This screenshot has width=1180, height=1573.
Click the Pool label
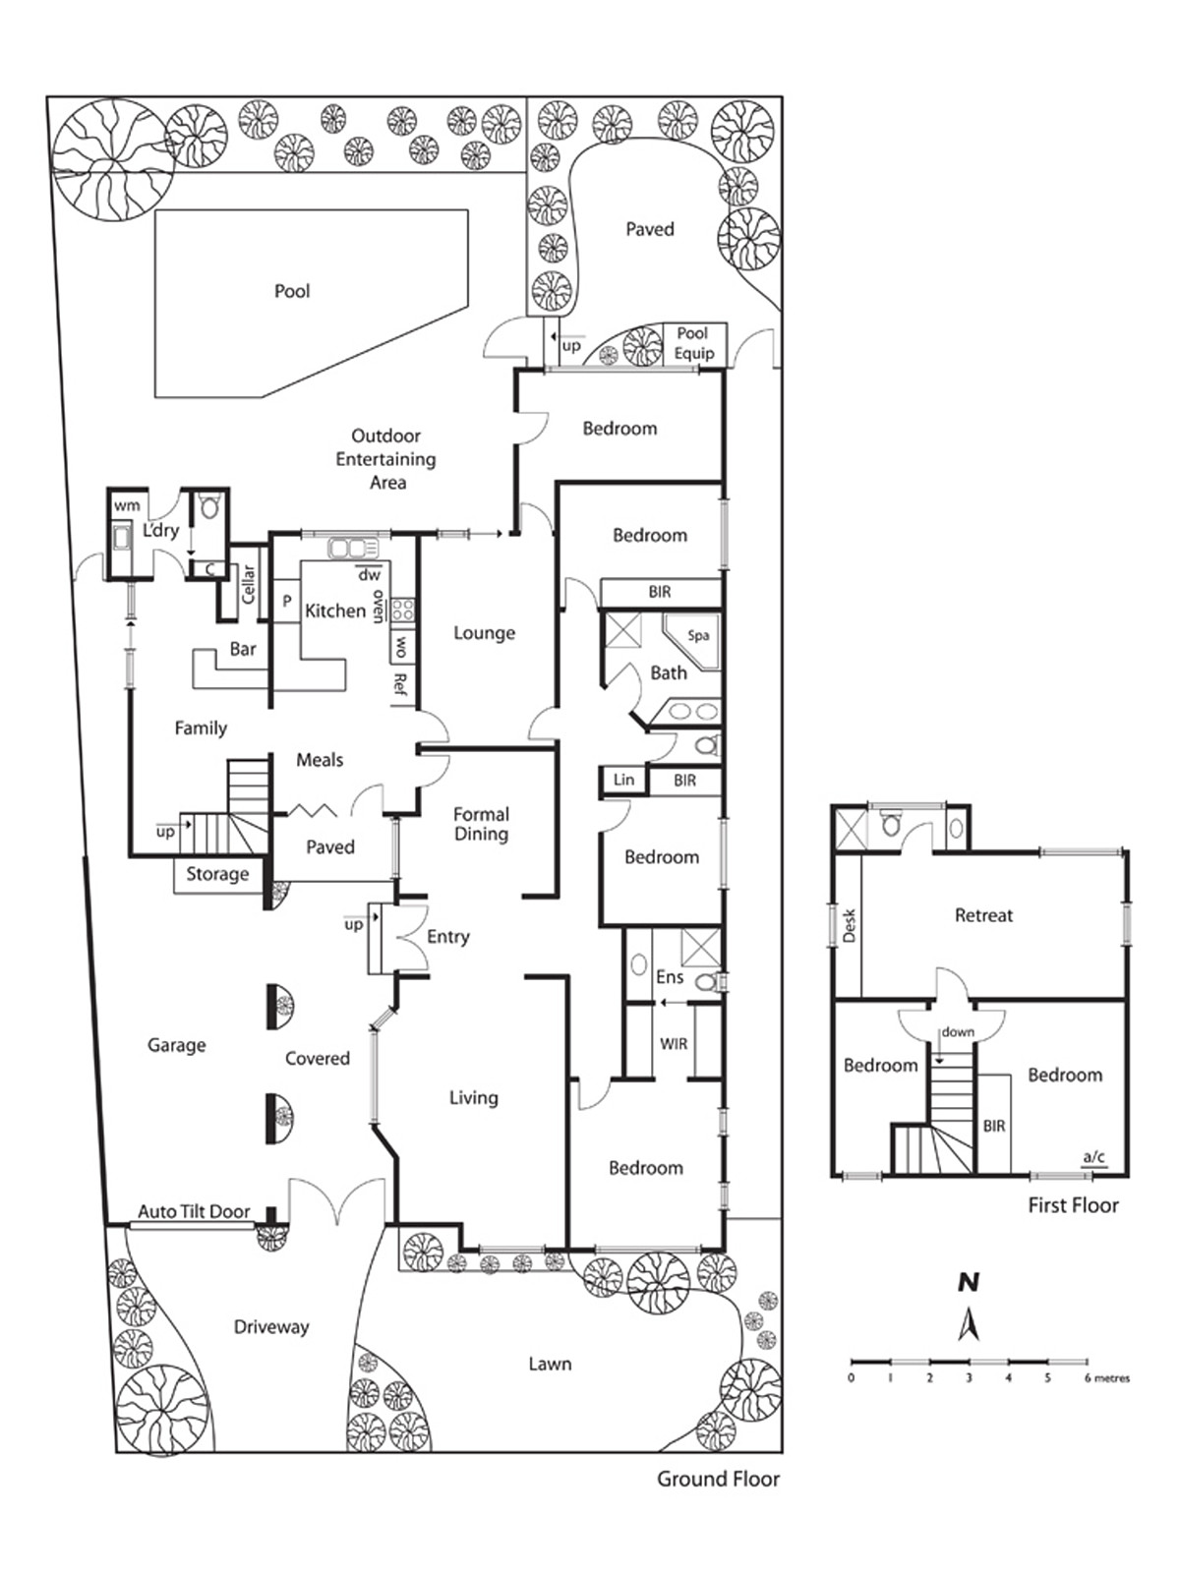(x=292, y=291)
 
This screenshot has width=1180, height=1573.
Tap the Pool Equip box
(x=694, y=344)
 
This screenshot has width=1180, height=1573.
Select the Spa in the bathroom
(x=697, y=636)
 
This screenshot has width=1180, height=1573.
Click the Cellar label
(x=249, y=585)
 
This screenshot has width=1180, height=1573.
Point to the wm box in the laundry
(x=127, y=505)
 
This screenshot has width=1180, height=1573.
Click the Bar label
(x=243, y=649)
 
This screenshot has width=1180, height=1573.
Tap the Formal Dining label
(x=481, y=824)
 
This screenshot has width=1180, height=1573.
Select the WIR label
(x=674, y=1044)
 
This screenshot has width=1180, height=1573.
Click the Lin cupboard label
(x=623, y=780)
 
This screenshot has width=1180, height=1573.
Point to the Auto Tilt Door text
(x=194, y=1211)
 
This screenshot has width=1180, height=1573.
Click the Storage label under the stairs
(x=217, y=874)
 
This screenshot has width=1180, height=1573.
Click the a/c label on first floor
(x=1093, y=1157)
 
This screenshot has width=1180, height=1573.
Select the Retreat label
(x=983, y=915)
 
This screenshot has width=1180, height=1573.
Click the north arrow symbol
(x=969, y=1323)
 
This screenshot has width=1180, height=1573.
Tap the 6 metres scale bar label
(x=1106, y=1378)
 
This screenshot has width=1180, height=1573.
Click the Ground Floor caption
(x=718, y=1479)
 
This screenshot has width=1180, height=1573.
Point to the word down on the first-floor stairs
(x=957, y=1032)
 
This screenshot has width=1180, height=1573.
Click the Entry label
(x=447, y=937)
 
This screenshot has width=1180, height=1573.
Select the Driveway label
(x=271, y=1327)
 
